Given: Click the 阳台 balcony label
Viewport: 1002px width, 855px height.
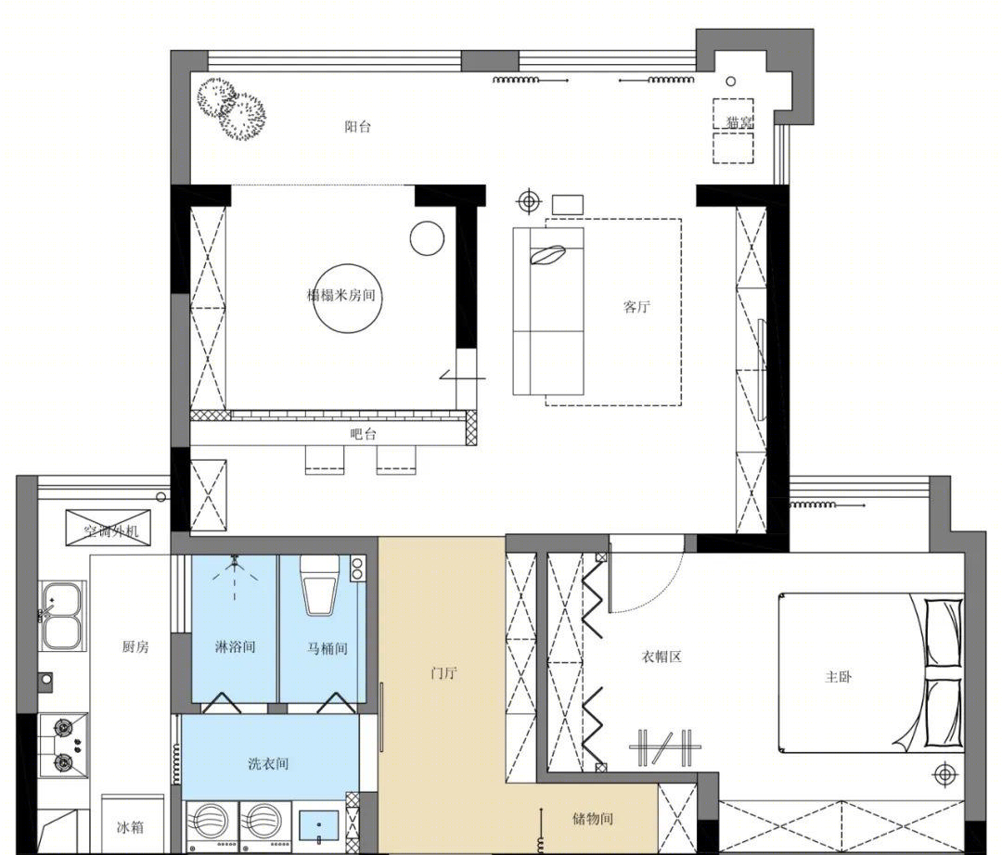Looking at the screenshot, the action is (357, 126).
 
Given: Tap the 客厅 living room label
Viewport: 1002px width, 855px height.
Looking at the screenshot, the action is (636, 307).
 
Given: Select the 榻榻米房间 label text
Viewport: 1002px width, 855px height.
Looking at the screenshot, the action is (340, 296).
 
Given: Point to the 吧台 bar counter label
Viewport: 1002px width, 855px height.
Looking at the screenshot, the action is (364, 435).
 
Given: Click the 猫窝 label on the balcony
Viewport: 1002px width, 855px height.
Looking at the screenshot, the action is (739, 122).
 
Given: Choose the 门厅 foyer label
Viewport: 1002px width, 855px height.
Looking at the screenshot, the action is (443, 673).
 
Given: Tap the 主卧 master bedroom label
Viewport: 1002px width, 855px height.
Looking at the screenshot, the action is (838, 677).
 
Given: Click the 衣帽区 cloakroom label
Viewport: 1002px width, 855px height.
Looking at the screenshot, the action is (662, 657).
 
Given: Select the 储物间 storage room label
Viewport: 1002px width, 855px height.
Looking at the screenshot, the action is (592, 819).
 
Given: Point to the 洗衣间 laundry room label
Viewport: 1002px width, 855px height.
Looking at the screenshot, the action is (268, 764).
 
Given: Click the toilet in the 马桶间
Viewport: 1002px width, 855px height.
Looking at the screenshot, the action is (320, 585).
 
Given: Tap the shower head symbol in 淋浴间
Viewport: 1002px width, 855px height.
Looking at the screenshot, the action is (235, 563).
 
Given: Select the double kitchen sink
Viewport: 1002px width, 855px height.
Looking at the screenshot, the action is (61, 615).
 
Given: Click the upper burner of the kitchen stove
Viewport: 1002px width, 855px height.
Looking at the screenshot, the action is (63, 727).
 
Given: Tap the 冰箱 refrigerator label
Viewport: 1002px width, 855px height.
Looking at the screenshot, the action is (130, 828).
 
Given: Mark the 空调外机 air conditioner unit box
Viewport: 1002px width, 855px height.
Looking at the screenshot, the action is (109, 528).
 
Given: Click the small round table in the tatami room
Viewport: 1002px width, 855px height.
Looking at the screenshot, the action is (426, 238).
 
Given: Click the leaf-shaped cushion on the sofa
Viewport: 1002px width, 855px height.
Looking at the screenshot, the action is (546, 255).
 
